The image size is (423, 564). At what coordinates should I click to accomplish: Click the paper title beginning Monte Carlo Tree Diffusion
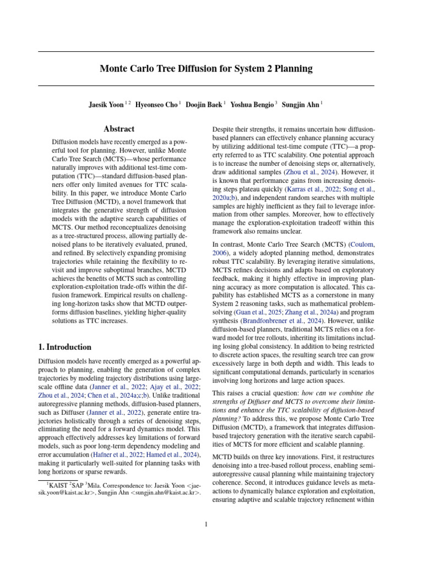point(206,69)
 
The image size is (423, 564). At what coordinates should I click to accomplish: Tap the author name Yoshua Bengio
point(251,104)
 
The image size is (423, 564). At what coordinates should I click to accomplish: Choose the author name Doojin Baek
point(204,104)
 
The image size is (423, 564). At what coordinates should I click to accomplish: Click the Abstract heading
point(119,129)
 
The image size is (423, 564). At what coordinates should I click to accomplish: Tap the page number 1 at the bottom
point(206,524)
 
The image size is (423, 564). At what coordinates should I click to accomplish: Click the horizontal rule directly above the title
point(206,51)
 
